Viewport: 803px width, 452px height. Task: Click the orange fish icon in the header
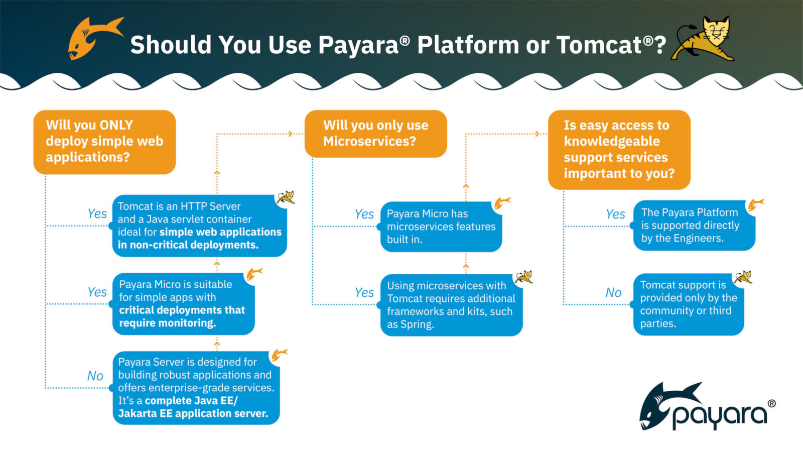coord(94,38)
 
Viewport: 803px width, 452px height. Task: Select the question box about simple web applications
coord(104,142)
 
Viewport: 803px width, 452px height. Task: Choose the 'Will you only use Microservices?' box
coord(375,134)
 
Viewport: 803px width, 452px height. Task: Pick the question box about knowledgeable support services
coord(619,150)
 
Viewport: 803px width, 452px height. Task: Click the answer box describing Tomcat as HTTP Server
coord(199,225)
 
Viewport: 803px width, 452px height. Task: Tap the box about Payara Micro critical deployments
coord(183,304)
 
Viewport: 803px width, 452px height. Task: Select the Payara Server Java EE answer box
coord(196,388)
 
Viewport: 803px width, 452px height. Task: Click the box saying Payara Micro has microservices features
coord(441,227)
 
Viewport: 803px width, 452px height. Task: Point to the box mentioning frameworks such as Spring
coord(451,305)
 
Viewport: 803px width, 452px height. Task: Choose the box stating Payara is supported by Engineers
coord(694,225)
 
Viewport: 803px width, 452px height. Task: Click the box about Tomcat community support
coord(688,304)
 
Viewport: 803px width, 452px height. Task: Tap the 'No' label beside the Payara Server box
coord(95,376)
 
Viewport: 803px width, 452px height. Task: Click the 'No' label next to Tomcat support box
coord(613,292)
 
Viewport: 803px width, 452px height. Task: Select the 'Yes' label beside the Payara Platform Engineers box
coord(615,214)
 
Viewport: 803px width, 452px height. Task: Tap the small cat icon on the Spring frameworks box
coord(523,277)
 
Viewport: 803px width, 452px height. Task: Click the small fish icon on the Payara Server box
coord(279,355)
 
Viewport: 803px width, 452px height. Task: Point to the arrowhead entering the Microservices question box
coord(291,134)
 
